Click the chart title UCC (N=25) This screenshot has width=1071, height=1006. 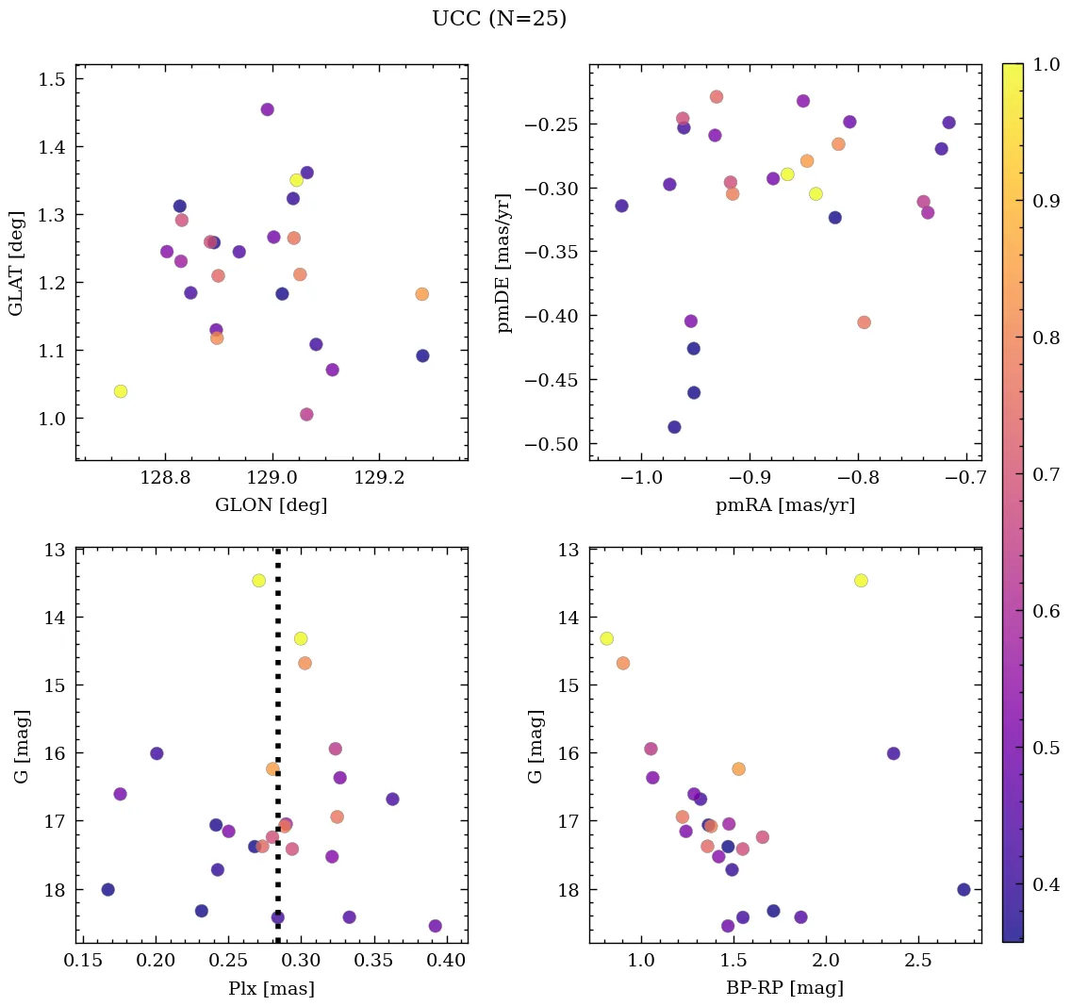tap(499, 19)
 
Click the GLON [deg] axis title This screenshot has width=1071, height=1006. tap(272, 505)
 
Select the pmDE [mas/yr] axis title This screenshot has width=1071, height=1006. tap(504, 263)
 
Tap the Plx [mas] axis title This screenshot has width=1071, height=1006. tap(272, 989)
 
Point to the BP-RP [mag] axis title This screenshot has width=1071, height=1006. tap(784, 989)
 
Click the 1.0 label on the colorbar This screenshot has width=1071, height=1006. tap(1046, 64)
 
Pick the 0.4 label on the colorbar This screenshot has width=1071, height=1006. tap(1046, 884)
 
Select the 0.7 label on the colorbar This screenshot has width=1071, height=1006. tap(1046, 474)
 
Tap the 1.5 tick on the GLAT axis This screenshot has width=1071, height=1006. tap(52, 78)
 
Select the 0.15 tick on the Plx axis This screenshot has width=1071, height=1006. tap(83, 962)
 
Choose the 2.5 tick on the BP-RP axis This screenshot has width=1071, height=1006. tap(918, 962)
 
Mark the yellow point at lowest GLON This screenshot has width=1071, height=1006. tap(121, 391)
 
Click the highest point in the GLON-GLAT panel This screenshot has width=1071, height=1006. tap(267, 109)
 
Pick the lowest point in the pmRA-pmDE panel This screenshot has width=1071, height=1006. tap(674, 427)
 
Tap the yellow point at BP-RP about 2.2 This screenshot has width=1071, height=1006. tap(861, 580)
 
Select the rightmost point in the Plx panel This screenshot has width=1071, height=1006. tap(435, 926)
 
